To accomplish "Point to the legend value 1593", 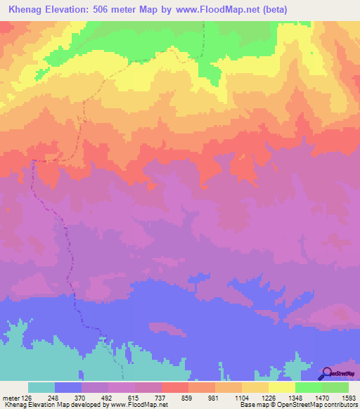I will [347, 397].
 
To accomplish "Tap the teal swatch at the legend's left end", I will [41, 387].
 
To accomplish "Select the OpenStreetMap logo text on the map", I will [342, 375].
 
